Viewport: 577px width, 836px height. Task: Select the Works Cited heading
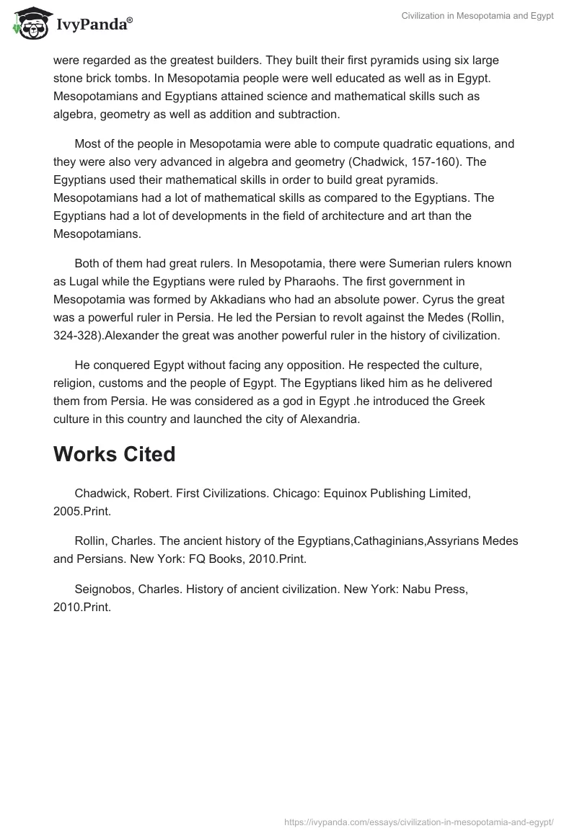114,454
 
